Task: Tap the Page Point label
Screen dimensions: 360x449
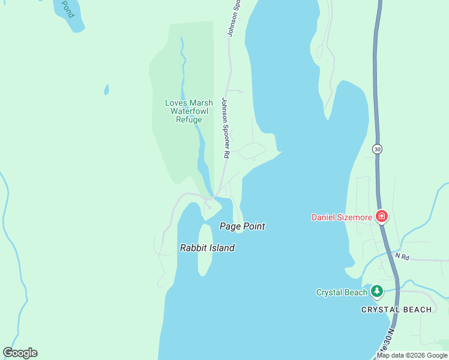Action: click(x=242, y=226)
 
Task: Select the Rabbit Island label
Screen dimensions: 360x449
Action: click(x=207, y=248)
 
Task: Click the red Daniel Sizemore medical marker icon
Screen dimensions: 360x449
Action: click(x=381, y=217)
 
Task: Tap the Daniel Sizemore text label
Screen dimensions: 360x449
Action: click(x=342, y=217)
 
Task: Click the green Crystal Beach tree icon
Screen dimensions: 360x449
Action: click(x=376, y=292)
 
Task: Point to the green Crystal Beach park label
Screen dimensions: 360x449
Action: click(x=342, y=293)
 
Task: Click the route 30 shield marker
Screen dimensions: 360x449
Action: click(x=377, y=149)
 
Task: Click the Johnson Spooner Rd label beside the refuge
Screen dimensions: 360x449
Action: click(x=226, y=128)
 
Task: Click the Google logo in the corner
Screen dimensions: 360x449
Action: click(x=20, y=353)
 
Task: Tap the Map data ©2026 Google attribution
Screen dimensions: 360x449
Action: click(x=412, y=355)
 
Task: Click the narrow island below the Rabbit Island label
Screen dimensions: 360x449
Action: click(x=205, y=264)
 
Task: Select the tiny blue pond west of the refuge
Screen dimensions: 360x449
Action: click(x=107, y=89)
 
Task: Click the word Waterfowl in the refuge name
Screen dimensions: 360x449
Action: click(x=188, y=111)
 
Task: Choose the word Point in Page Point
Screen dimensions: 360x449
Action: click(x=253, y=226)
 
